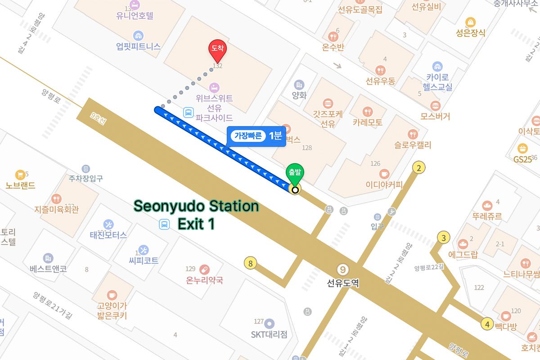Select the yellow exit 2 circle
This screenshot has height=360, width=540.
click(419, 168)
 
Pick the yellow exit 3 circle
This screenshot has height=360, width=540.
click(444, 238)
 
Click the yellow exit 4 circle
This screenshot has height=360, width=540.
click(487, 324)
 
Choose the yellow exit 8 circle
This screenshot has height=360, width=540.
click(250, 263)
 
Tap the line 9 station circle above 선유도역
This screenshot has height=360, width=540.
click(343, 270)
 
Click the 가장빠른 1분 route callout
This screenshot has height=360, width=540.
click(256, 136)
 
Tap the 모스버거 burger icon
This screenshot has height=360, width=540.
click(435, 106)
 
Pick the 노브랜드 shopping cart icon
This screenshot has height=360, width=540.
click(20, 175)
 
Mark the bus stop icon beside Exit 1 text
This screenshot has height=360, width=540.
click(165, 224)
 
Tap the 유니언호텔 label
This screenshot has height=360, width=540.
click(135, 16)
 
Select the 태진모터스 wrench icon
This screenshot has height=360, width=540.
click(108, 224)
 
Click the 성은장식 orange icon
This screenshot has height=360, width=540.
click(470, 22)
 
